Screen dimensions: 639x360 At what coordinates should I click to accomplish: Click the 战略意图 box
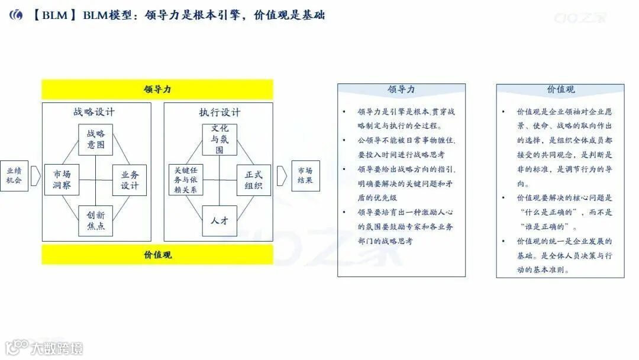coord(95,140)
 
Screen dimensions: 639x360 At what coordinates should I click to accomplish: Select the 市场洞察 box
coord(62,180)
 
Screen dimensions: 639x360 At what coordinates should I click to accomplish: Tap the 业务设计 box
coord(130,180)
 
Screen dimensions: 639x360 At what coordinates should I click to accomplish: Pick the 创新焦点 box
coord(95,221)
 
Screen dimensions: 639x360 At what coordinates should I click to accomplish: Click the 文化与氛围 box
coord(220,140)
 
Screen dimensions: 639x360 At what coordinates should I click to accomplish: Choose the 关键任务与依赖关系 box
coord(186,180)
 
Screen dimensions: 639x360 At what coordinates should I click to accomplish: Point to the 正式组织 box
coord(254,180)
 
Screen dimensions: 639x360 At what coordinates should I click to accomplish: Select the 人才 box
coord(220,221)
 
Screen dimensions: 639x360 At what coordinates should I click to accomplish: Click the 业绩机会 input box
coord(14,176)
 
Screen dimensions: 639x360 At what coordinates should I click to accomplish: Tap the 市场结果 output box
coord(305,176)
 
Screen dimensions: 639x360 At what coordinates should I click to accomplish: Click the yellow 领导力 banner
coord(157,89)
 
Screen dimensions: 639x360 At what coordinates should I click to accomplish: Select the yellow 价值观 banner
coord(157,255)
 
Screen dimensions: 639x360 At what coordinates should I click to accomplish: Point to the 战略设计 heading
coord(95,112)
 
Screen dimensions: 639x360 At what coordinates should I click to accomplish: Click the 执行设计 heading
coord(220,112)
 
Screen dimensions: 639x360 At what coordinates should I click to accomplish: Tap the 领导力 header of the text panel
coord(401,89)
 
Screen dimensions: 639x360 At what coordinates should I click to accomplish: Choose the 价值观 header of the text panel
coord(560,89)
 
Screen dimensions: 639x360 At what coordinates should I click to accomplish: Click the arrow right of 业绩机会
coord(35,176)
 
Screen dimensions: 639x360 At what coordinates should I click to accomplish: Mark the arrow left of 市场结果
coord(282,176)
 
